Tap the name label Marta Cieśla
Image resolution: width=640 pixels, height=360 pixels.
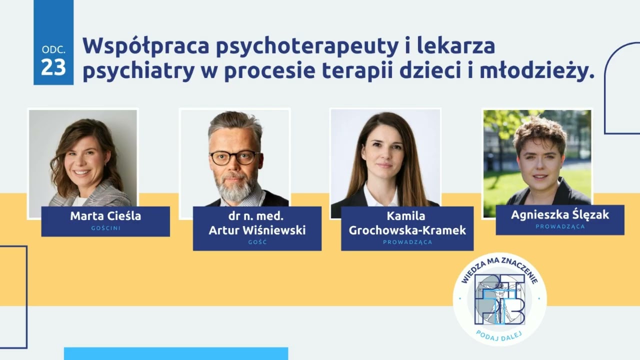105,216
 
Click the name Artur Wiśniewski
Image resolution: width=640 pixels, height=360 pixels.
257,230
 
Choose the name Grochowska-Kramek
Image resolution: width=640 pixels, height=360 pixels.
407,230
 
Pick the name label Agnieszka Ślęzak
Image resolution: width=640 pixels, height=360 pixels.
560,215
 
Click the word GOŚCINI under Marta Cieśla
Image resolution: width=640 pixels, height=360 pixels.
105,228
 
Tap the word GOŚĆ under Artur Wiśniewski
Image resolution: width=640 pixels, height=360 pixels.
257,242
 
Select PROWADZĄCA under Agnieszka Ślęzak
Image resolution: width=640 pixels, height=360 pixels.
560,226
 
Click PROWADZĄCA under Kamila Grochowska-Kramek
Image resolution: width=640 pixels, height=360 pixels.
407,242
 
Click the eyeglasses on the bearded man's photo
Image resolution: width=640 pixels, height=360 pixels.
234,157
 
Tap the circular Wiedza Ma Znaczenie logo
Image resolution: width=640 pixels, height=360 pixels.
499,299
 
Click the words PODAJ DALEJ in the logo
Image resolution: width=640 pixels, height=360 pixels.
499,334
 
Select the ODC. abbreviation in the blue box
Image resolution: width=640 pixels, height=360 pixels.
53,50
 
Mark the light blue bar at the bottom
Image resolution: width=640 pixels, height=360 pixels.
176,353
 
